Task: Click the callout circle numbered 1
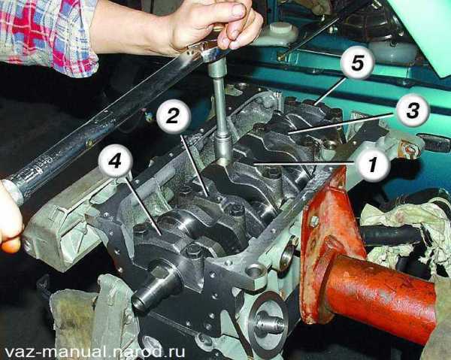pos(372,166)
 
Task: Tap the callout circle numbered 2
pos(174,117)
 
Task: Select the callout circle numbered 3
pos(413,110)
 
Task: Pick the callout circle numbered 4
pos(116,162)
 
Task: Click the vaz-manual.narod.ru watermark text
pos(95,352)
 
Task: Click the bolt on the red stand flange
pos(313,222)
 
